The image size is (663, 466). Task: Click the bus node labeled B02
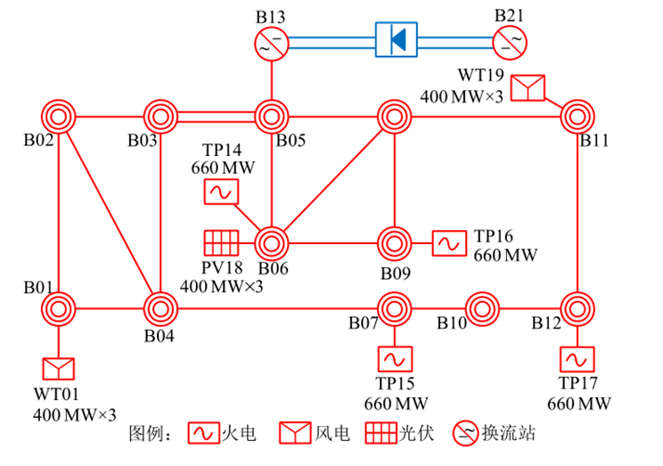tap(58, 116)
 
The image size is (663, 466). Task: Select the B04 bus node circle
tap(160, 309)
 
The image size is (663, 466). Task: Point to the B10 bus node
tap(481, 309)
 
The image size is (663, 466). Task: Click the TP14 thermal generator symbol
tap(219, 191)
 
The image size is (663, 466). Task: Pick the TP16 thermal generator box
tap(449, 242)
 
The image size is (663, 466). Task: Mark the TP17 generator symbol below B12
tap(577, 359)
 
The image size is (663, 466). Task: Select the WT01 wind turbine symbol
tap(58, 369)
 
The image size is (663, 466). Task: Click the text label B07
tap(363, 323)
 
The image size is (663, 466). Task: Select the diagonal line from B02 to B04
tap(109, 212)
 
